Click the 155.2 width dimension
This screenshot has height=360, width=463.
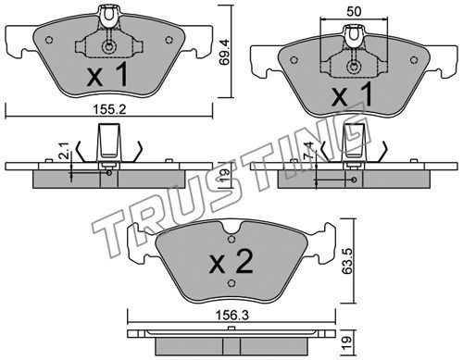coord(109,109)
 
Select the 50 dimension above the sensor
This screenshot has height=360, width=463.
coord(354,11)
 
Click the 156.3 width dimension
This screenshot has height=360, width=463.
coord(231,316)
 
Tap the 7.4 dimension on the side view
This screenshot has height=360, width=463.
coord(310,150)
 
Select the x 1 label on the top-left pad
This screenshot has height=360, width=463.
coord(107,74)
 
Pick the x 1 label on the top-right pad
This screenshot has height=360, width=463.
coord(352,95)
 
